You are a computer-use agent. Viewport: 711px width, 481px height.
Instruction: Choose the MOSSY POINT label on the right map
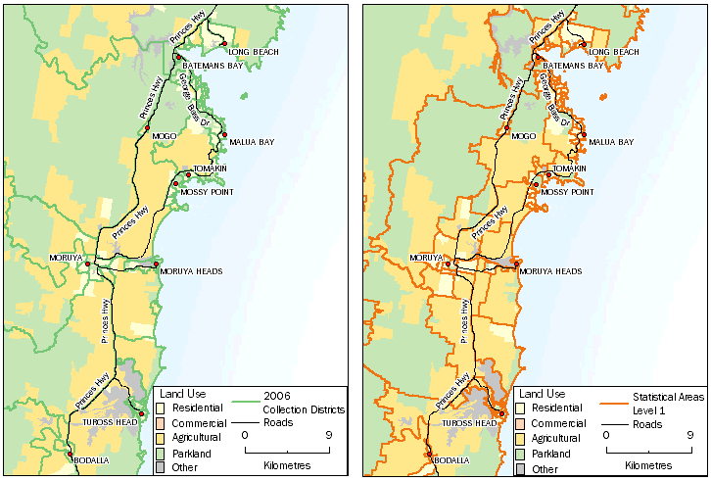[x=567, y=192]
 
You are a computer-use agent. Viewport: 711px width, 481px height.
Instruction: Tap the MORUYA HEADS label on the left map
[x=192, y=271]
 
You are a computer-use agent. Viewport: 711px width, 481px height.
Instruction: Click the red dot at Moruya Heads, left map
[x=156, y=264]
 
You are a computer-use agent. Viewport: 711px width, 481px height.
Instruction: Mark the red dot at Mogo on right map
[x=507, y=129]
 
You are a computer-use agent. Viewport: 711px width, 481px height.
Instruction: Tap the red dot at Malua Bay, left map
[x=224, y=135]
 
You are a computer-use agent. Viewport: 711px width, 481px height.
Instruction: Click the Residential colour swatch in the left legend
[x=159, y=407]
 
